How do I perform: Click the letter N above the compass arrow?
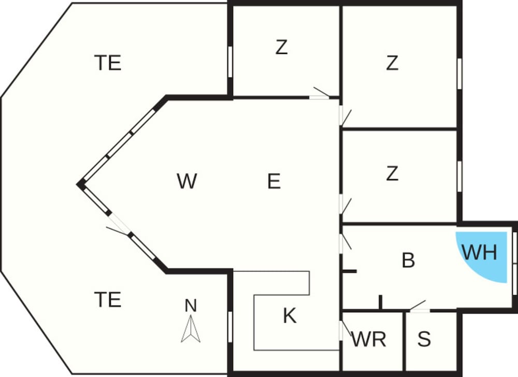191,306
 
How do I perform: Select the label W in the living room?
186,181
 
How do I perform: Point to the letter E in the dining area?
274,181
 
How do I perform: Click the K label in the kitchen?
290,315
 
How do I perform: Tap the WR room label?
369,339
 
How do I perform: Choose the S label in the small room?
424,339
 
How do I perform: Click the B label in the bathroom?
408,260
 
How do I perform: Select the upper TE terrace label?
108,63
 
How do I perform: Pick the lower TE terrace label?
108,299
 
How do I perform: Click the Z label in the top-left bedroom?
281,47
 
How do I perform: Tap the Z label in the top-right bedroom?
392,63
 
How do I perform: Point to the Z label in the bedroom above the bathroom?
392,173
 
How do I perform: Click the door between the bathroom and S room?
419,307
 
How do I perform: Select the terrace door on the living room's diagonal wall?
119,224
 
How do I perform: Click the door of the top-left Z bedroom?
320,93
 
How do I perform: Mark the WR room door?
345,330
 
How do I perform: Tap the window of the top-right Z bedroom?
459,74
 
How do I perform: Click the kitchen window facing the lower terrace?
231,327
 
